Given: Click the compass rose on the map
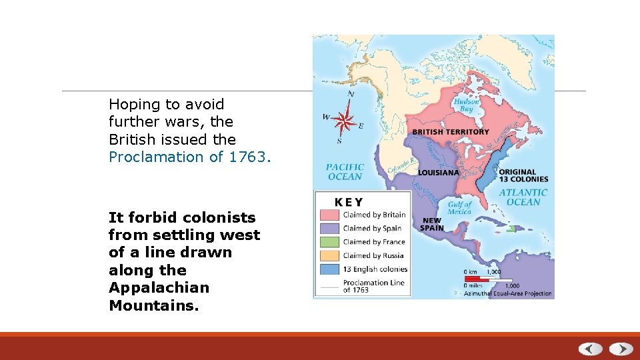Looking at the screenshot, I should click(x=346, y=120).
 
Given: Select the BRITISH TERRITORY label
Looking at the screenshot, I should click(x=450, y=132).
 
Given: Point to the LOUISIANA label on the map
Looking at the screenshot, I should click(x=438, y=173).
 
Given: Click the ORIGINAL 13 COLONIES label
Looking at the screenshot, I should click(x=523, y=175).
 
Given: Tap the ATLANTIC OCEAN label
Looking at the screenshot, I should click(x=523, y=197).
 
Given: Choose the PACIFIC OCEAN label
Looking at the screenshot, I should click(x=345, y=172).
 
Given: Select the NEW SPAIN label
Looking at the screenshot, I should click(x=431, y=224).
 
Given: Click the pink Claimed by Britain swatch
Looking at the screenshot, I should click(x=329, y=215).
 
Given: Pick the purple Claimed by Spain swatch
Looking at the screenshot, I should click(x=329, y=228).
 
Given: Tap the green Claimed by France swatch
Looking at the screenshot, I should click(x=329, y=242).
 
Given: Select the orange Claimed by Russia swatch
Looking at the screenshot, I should click(x=329, y=255).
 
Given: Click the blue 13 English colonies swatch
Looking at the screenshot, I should click(x=329, y=269).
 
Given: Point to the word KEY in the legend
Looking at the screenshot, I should click(x=349, y=201).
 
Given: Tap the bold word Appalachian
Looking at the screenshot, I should click(x=159, y=288).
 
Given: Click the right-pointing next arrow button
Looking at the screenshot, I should click(x=621, y=349).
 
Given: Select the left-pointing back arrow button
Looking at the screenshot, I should click(x=591, y=349).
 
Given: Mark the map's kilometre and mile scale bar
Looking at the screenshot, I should click(x=489, y=279).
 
